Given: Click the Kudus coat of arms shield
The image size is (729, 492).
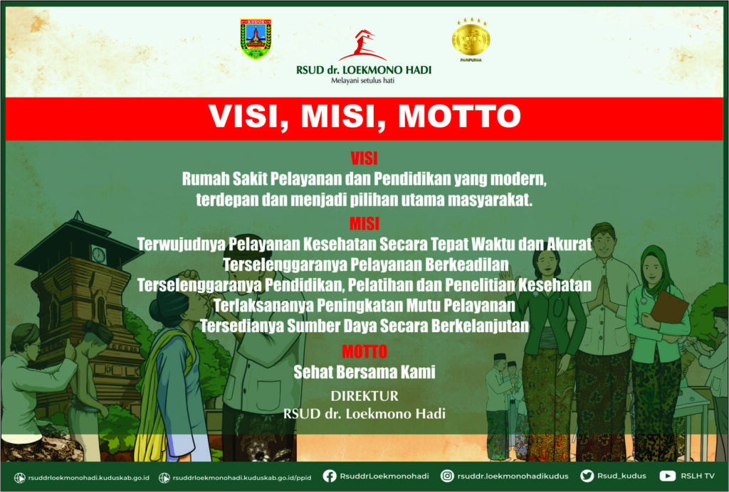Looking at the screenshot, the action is (x=256, y=38).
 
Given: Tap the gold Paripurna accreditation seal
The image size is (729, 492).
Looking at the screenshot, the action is (x=471, y=38).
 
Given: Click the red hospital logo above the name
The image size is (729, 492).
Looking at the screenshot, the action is (x=363, y=46).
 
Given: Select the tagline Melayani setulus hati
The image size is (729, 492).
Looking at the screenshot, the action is (x=362, y=81).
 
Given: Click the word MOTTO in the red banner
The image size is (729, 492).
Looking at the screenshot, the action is (x=459, y=116).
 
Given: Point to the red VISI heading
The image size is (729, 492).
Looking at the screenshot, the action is (x=364, y=159).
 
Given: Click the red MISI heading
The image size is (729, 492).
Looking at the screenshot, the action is (x=364, y=224).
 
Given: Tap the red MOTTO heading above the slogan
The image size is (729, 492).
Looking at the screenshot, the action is (x=364, y=351).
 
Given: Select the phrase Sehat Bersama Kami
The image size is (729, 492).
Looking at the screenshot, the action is (x=364, y=372).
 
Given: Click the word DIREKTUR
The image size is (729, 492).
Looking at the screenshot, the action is (x=364, y=396).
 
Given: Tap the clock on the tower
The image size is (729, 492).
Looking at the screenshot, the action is (x=98, y=255).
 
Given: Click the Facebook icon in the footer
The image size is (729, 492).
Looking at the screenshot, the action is (x=330, y=476).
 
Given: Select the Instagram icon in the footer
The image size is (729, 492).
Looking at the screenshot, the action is (x=447, y=476).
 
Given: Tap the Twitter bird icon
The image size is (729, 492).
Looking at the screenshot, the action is (x=587, y=476).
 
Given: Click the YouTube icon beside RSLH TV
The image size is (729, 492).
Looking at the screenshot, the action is (x=668, y=476).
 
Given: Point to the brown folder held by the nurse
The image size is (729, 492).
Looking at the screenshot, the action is (x=668, y=307).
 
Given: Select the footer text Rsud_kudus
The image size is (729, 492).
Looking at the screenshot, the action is (x=622, y=476).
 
